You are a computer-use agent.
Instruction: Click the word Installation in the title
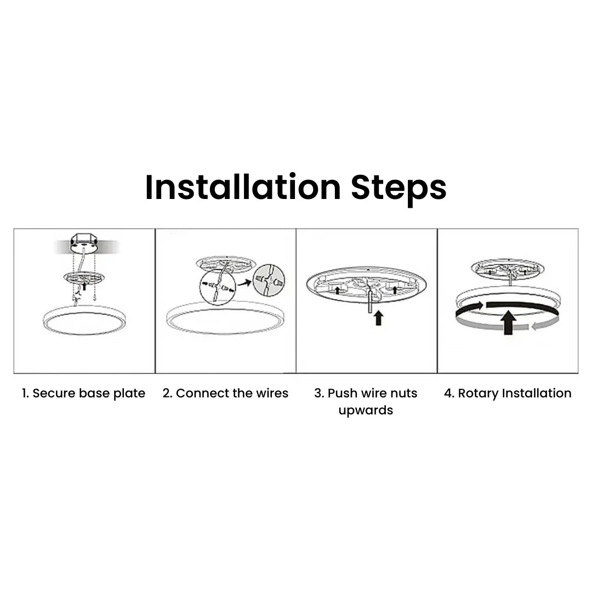[x=243, y=187]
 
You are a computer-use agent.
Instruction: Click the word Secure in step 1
[x=54, y=394]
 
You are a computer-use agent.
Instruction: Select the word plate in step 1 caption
[x=129, y=394]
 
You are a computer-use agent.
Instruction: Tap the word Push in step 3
[x=340, y=394]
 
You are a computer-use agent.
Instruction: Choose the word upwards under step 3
[x=366, y=411]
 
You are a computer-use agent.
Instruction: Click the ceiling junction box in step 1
[x=83, y=243]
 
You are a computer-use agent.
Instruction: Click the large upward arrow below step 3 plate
[x=378, y=318]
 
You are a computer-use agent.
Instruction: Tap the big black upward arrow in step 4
[x=509, y=322]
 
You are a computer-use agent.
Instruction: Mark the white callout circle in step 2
[x=218, y=286]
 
